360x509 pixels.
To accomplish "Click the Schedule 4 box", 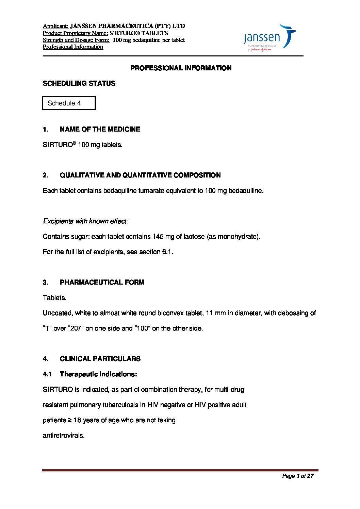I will click(x=69, y=103).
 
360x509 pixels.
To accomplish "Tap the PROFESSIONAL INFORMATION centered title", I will click(x=181, y=68).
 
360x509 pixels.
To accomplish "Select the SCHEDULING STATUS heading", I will click(x=79, y=83).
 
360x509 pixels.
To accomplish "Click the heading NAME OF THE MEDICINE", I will click(x=100, y=129).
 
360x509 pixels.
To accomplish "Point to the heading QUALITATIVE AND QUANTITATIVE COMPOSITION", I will click(x=140, y=175).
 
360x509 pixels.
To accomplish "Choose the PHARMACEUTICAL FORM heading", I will click(x=102, y=282).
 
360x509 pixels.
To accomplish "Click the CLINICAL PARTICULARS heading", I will click(x=100, y=359).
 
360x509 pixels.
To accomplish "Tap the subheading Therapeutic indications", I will click(x=98, y=374).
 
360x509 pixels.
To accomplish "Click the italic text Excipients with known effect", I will click(x=86, y=221).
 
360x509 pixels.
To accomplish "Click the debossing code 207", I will click(x=76, y=328).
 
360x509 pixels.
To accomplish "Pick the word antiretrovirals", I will click(x=63, y=435).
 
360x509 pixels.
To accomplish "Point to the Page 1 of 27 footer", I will click(x=297, y=476).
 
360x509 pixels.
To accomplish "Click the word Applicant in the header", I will click(x=55, y=26).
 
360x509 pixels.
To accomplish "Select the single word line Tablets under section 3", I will click(x=54, y=298).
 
